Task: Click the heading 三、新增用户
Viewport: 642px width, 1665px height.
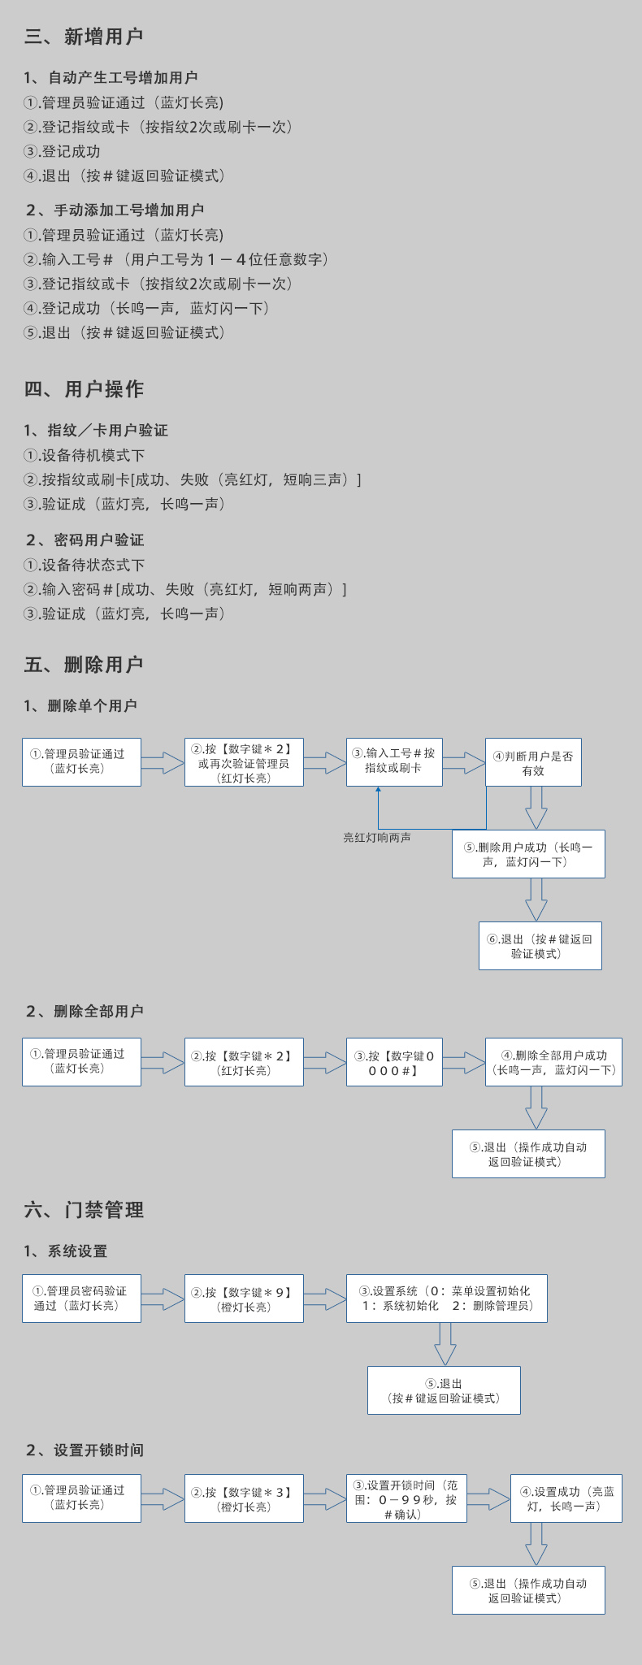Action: click(84, 37)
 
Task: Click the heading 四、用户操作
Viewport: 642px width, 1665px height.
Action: click(84, 389)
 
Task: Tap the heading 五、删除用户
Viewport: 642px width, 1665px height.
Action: click(84, 665)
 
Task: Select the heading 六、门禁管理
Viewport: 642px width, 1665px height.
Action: click(84, 1210)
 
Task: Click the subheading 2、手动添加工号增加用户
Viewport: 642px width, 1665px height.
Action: click(115, 210)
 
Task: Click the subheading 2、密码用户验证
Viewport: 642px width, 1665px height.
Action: click(85, 540)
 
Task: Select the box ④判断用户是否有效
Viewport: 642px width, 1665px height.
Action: click(533, 762)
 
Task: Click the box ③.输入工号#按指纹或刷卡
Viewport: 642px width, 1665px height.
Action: click(394, 761)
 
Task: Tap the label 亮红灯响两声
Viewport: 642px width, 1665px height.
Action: click(377, 838)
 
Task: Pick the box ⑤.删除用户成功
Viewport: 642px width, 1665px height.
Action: click(528, 854)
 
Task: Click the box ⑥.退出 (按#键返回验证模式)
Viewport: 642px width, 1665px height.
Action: click(540, 946)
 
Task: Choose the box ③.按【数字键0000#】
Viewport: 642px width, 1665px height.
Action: click(394, 1062)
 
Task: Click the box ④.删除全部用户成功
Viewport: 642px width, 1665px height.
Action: click(553, 1062)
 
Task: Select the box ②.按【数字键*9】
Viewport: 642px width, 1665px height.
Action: click(244, 1299)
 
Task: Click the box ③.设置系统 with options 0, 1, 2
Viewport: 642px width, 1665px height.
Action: click(446, 1299)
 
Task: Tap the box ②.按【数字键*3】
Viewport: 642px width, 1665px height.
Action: click(244, 1498)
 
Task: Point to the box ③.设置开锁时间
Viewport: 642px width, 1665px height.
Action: click(406, 1498)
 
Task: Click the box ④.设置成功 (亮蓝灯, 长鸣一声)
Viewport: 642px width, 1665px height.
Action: click(566, 1498)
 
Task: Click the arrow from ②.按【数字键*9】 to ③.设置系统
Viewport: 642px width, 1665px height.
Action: click(325, 1299)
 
